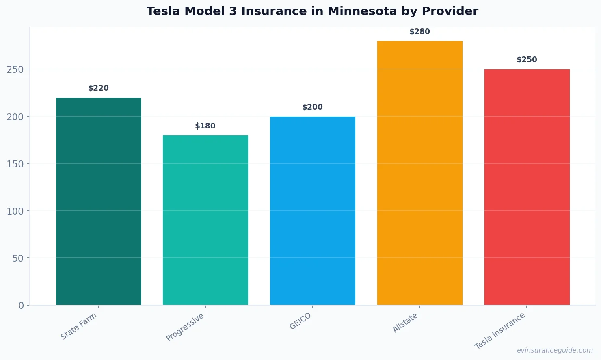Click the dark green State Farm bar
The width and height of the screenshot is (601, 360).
point(99,201)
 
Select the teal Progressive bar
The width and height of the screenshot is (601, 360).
point(205,220)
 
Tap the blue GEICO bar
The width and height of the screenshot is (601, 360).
point(313,210)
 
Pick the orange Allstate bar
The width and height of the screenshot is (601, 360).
point(420,173)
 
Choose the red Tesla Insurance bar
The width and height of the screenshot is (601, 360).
point(527,187)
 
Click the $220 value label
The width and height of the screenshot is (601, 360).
point(99,88)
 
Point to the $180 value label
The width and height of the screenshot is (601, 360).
point(205,126)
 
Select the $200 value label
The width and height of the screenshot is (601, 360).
point(313,107)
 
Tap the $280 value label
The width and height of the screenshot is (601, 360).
point(420,32)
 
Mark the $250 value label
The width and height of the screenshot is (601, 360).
point(527,60)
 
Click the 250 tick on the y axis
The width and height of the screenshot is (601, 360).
point(15,69)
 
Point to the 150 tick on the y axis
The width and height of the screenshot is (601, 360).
point(15,164)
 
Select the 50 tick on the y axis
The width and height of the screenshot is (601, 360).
point(18,258)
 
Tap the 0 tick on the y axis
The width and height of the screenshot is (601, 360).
point(21,305)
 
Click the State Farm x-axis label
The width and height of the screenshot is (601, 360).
point(79,326)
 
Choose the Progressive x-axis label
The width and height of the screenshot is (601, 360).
point(185,327)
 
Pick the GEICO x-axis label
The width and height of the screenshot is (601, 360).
point(300,321)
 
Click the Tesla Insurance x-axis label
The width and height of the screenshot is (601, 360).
point(500,331)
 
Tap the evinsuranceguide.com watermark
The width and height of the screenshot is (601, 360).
point(555,350)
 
